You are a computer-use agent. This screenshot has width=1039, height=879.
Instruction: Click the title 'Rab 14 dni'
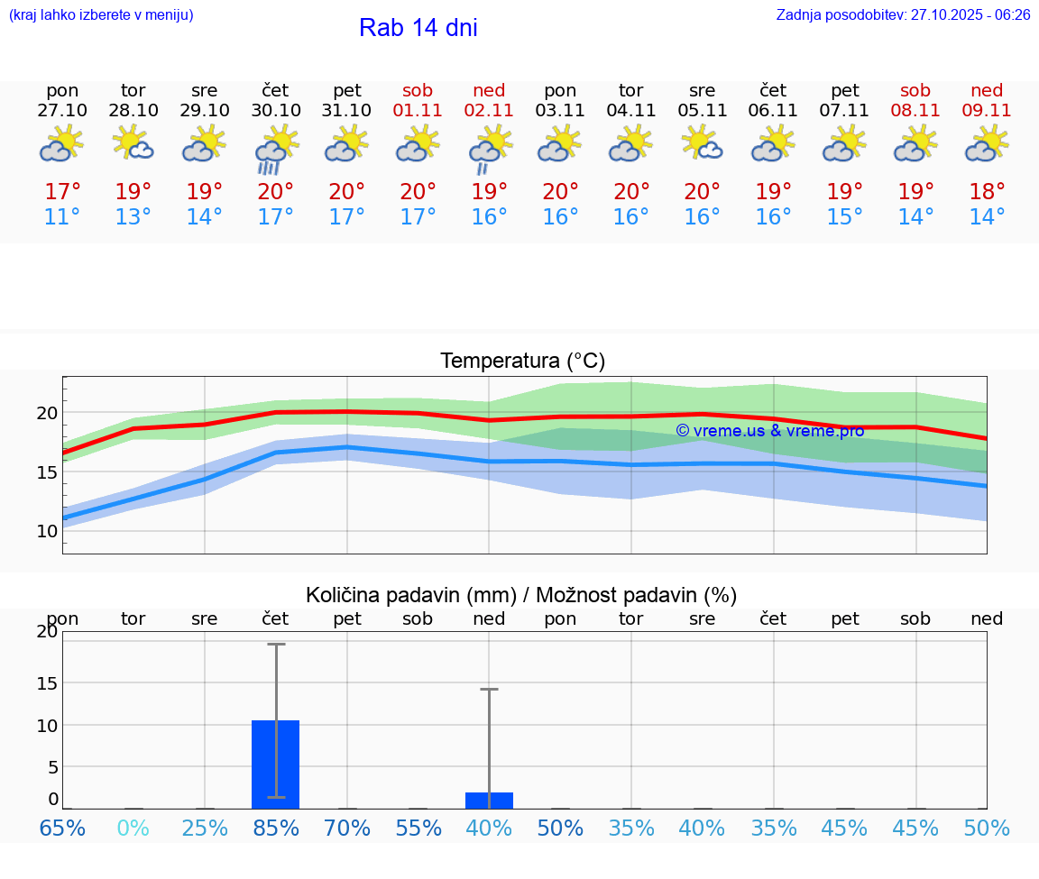[x=418, y=28]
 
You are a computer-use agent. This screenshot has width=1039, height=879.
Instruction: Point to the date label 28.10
[x=133, y=111]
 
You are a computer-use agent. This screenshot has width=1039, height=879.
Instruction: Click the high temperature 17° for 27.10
[x=62, y=192]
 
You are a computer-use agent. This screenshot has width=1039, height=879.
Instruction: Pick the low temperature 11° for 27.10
[x=62, y=217]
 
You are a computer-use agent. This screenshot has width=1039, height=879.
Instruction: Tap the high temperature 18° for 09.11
[x=987, y=192]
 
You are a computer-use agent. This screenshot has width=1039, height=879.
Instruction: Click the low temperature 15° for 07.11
[x=844, y=217]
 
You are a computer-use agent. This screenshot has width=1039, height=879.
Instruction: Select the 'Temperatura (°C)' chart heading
[x=522, y=362]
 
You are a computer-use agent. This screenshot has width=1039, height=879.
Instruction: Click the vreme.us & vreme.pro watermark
[x=769, y=431]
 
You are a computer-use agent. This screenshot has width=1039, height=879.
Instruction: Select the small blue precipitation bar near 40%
[x=489, y=801]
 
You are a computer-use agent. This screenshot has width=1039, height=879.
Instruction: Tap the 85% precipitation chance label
[x=276, y=829]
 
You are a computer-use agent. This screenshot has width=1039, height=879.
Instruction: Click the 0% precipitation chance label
[x=133, y=829]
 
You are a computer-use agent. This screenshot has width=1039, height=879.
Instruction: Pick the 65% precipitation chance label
[x=62, y=829]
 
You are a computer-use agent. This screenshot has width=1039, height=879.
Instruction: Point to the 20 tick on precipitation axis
[x=47, y=632]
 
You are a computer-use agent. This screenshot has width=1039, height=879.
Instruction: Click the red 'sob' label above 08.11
[x=915, y=90]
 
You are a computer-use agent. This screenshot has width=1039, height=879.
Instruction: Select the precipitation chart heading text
[x=521, y=595]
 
